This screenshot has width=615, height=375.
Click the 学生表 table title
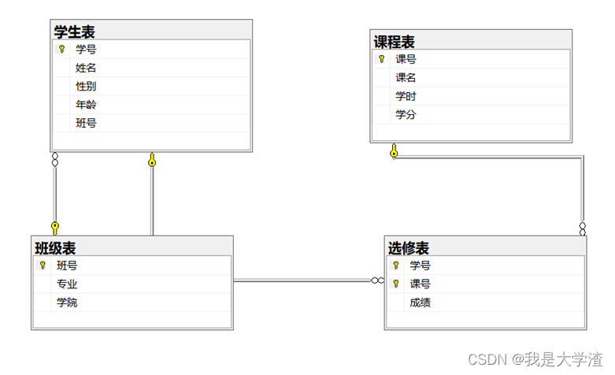[x=74, y=32]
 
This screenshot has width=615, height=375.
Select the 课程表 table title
[x=394, y=42]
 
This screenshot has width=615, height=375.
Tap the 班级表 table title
[x=55, y=248]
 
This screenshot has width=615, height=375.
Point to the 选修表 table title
[x=408, y=248]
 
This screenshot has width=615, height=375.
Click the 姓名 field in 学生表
[x=86, y=68]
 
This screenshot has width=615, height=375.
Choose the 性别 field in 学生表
[x=86, y=86]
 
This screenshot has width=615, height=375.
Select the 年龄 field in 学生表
[x=86, y=104]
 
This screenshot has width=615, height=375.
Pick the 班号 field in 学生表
[x=86, y=123]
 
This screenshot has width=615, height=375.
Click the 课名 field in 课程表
[x=406, y=77]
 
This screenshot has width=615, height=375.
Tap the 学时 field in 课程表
[x=406, y=96]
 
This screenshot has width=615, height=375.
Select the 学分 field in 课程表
[x=406, y=115]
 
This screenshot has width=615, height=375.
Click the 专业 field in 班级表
[x=67, y=284]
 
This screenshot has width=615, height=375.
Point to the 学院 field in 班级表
[x=67, y=302]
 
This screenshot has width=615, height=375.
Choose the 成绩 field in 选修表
[x=420, y=302]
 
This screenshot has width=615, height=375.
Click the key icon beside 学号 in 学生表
[x=61, y=49]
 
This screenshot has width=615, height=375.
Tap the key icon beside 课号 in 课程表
[x=381, y=59]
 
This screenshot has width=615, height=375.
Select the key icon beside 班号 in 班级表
[x=43, y=265]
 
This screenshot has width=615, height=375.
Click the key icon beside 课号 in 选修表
[x=395, y=284]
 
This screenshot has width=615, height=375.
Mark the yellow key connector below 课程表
[x=394, y=151]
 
